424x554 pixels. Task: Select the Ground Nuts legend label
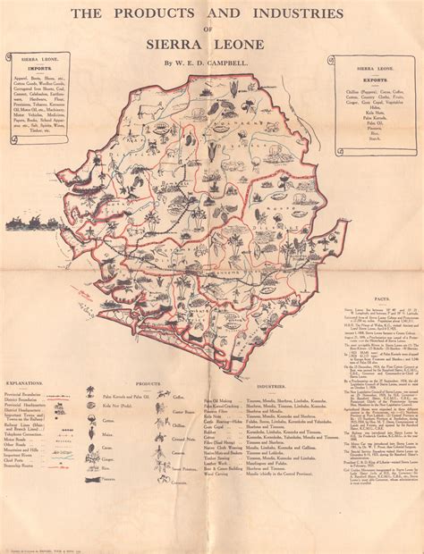coord(177,427)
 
